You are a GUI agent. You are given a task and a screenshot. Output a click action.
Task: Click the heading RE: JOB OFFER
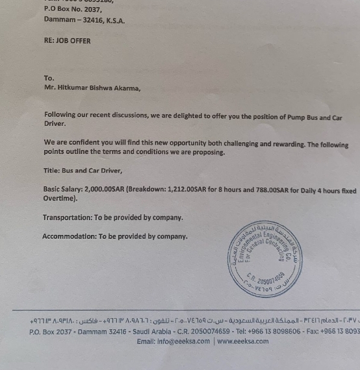point(68,41)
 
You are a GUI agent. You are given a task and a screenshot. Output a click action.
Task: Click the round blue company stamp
point(265,258)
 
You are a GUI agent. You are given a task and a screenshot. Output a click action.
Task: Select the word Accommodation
point(69,236)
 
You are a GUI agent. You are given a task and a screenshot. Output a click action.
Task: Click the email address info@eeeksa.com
point(184,341)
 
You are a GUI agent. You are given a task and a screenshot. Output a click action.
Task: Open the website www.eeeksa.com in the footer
point(242,341)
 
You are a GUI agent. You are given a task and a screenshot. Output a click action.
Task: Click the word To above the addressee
point(49,78)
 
